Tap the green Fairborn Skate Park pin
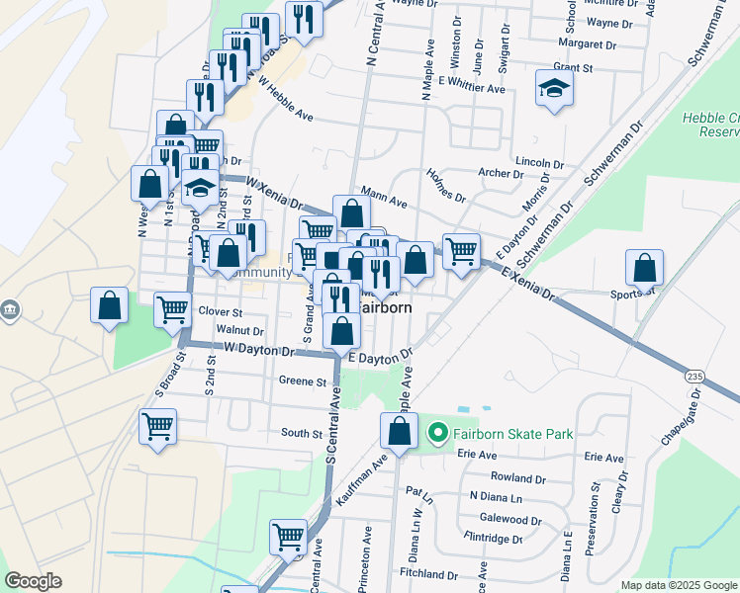436,433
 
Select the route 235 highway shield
696,376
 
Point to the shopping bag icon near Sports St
644,268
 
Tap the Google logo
34,581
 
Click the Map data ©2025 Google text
680,585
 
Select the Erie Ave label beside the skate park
477,455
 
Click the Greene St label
302,381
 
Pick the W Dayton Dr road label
260,350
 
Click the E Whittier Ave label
472,88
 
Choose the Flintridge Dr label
493,540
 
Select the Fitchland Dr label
423,574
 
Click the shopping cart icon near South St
158,427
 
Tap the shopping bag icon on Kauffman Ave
398,431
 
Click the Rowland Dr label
517,477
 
